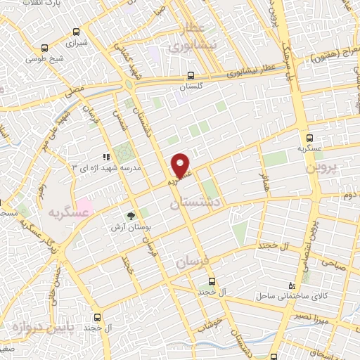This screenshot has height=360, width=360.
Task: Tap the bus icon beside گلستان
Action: click(191, 76)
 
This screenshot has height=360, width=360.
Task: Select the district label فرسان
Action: click(193, 262)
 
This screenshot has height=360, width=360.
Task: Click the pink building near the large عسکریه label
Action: click(84, 208)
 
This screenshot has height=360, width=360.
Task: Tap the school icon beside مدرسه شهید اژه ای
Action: click(106, 157)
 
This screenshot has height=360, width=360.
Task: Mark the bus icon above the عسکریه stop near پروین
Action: click(309, 138)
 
